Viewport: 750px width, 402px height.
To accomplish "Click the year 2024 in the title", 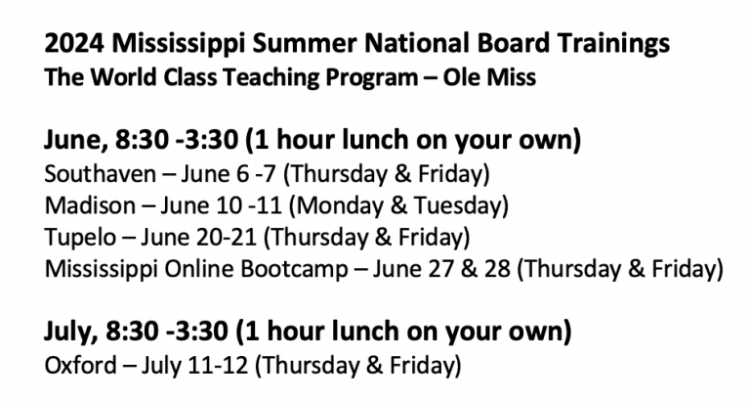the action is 74,43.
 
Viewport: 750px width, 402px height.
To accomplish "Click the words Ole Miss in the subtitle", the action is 489,77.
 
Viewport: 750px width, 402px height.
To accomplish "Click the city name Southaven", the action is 100,173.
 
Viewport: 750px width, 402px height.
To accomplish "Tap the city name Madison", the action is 90,205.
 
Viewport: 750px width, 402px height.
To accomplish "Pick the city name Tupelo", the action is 80,238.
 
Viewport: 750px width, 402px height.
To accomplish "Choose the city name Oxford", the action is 80,365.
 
